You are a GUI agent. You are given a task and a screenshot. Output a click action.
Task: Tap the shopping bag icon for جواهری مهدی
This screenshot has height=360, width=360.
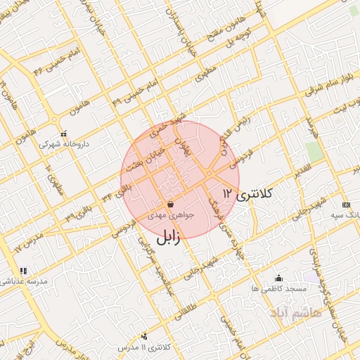172,204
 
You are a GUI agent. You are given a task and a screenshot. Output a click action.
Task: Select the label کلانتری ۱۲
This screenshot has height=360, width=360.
247,192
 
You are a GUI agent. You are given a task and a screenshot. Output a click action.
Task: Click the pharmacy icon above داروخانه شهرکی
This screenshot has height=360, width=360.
63,133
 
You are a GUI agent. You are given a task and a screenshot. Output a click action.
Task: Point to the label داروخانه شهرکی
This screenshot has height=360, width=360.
63,143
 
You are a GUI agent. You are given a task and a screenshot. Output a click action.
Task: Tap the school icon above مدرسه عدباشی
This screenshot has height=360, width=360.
22,271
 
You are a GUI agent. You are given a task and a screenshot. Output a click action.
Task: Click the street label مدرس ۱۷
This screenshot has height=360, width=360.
27,243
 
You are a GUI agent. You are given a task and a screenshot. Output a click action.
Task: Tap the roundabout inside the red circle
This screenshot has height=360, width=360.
210,173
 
